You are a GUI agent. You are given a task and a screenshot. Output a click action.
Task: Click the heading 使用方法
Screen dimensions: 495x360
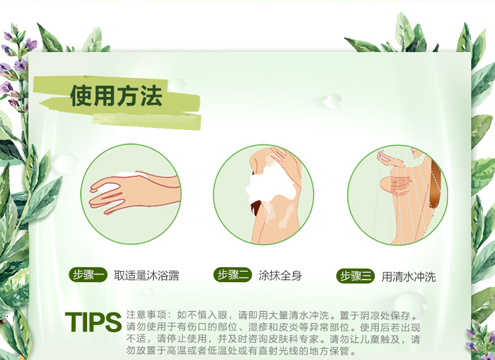116,96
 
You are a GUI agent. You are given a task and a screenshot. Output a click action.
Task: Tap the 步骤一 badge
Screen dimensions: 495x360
88,275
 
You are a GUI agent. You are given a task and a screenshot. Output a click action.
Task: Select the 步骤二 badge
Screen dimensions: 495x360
233,274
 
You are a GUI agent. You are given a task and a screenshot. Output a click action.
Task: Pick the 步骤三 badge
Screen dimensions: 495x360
355,276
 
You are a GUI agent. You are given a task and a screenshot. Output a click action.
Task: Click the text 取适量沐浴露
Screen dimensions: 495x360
147,276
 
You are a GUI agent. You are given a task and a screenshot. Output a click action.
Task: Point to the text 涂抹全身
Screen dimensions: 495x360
280,275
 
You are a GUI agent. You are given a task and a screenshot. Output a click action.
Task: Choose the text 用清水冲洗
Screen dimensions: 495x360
409,277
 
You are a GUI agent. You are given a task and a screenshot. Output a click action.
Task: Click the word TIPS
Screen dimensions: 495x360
93,322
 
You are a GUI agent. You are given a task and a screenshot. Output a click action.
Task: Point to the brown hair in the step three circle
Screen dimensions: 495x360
436,185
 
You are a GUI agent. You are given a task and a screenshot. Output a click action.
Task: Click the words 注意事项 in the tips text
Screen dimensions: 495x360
147,315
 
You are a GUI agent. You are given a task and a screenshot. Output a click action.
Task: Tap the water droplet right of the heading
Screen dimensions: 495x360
333,102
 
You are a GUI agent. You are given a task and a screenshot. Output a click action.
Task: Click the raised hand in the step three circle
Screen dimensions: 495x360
391,158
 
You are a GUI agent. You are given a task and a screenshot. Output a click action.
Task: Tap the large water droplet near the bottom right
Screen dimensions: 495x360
411,303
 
